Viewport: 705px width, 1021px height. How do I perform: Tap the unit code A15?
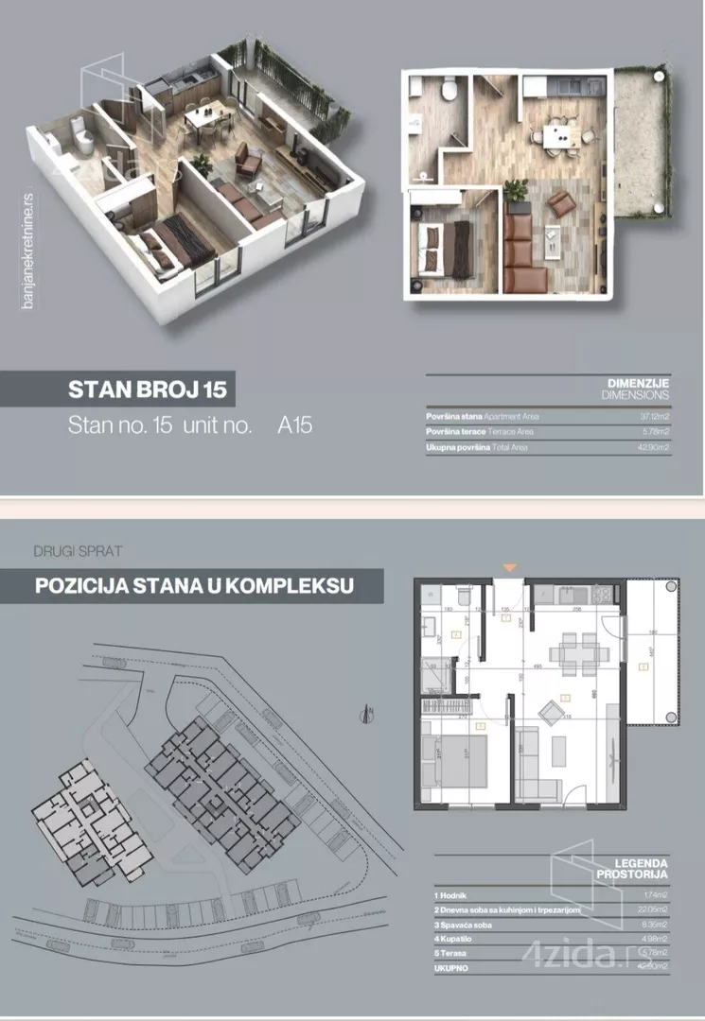(294, 425)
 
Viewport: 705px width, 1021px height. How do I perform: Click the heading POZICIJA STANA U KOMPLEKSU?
(194, 586)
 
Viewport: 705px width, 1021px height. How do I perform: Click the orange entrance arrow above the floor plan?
(510, 567)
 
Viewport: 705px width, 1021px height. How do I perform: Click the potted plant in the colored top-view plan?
(517, 190)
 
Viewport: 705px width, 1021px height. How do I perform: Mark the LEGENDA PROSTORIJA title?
(635, 869)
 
